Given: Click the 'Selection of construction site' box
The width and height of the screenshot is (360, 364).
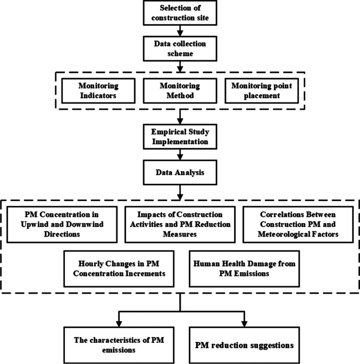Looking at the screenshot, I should point(179,13).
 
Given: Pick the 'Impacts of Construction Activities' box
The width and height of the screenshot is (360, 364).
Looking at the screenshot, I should point(179,221).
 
